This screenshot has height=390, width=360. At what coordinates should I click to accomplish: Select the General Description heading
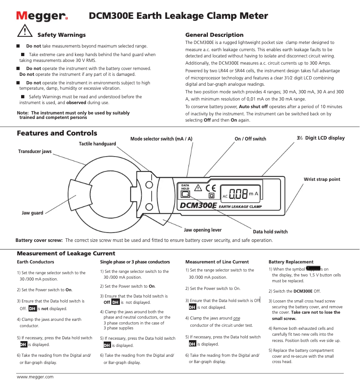[214, 35]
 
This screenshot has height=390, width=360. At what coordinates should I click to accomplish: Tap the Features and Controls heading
[57, 133]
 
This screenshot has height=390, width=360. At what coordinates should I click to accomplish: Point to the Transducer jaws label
[35, 152]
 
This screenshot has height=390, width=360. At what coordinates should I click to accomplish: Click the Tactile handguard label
[97, 144]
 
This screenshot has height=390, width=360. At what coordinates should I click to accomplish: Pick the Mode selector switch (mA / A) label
[161, 139]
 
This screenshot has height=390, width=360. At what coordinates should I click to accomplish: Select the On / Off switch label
[250, 139]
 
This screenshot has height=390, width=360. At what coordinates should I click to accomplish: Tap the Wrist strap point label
[322, 179]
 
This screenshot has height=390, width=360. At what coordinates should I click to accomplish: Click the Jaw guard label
[32, 213]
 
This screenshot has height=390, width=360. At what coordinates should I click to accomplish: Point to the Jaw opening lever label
[203, 230]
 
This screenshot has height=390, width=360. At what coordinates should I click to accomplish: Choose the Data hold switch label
[270, 232]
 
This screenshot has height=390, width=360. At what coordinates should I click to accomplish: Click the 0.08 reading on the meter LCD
[238, 194]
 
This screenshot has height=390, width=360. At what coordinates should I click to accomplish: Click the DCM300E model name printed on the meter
[198, 206]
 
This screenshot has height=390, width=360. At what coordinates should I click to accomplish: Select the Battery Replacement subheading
[291, 262]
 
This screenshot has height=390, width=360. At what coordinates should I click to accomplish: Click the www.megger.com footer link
[35, 377]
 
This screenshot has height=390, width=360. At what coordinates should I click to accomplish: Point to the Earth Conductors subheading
[35, 262]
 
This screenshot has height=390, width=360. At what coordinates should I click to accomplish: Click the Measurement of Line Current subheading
[217, 262]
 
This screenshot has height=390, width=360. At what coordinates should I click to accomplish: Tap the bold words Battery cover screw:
[39, 240]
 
